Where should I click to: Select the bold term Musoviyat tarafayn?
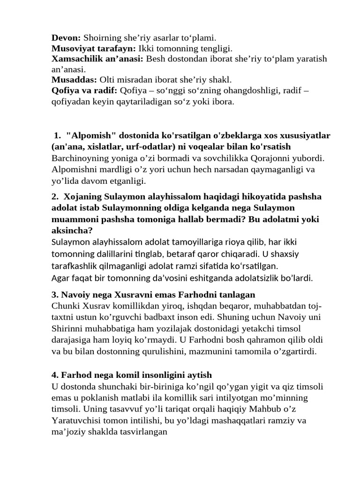(x=93, y=48)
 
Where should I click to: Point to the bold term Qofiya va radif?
(x=84, y=90)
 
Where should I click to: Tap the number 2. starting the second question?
(x=55, y=196)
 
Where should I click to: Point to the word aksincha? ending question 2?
(x=72, y=231)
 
